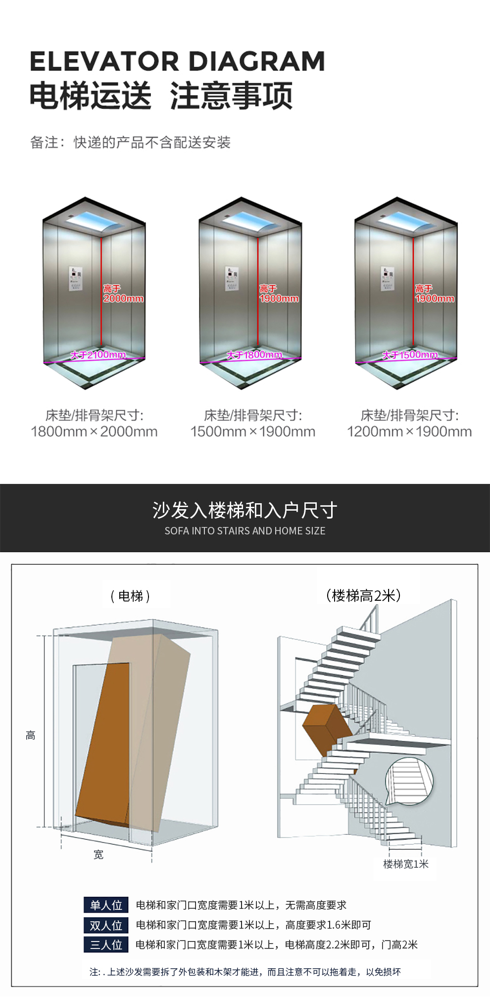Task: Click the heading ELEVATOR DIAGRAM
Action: pos(177,61)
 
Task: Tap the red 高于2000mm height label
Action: pos(123,294)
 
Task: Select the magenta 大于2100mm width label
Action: pos(98,355)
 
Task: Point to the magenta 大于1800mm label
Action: pos(254,355)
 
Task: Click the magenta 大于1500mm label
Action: pos(410,355)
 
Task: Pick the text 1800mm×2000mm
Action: pos(94,431)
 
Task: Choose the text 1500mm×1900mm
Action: pos(252,431)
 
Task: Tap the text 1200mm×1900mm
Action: pos(409,431)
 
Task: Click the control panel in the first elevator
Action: pos(75,278)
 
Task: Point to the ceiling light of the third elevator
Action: pos(406,221)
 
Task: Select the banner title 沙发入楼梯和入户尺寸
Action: pos(245,510)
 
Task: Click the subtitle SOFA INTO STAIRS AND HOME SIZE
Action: pos(245,531)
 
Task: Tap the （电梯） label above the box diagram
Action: pos(131,596)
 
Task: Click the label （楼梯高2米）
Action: pos(364,595)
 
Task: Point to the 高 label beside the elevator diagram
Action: pos(31,735)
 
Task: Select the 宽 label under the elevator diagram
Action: pos(98,854)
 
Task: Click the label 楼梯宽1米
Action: pos(406,864)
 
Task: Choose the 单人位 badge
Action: pos(106,905)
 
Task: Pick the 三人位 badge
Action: pos(106,945)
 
